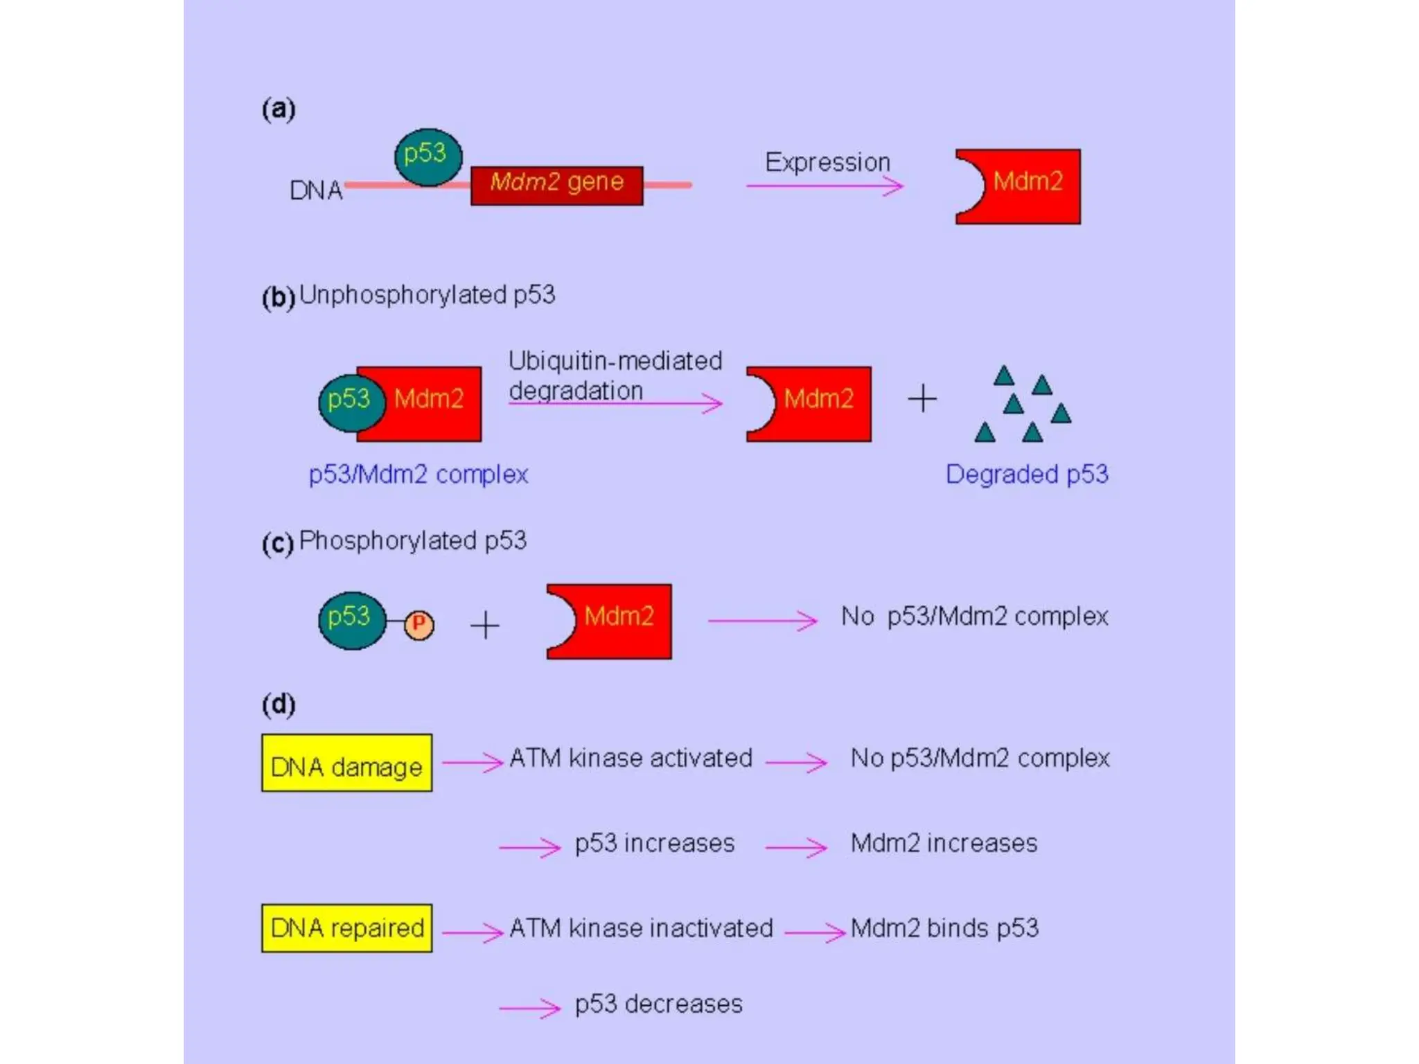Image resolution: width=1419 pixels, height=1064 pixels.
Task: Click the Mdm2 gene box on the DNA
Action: [x=556, y=185]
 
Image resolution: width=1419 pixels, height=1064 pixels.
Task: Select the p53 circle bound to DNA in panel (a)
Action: [x=428, y=157]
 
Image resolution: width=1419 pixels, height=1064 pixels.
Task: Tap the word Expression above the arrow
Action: [x=827, y=162]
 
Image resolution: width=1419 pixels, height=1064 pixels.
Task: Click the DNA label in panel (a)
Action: [x=316, y=190]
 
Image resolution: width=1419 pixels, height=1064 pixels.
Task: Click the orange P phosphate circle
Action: [x=418, y=624]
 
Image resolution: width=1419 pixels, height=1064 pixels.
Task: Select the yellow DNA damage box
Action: [x=346, y=763]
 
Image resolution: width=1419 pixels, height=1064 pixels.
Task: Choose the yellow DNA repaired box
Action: [x=346, y=928]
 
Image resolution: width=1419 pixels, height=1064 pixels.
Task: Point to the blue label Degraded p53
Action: [x=1026, y=475]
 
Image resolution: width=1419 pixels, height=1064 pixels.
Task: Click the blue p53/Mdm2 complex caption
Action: [x=418, y=475]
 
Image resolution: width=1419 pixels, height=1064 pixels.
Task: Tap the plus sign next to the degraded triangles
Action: [x=922, y=399]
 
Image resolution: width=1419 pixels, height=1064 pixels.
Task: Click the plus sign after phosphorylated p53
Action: [x=485, y=625]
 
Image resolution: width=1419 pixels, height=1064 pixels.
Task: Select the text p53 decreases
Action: [x=658, y=1004]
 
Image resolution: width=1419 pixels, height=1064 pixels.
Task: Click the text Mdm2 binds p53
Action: [x=944, y=928]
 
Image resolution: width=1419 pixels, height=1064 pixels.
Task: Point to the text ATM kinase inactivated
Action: [x=641, y=928]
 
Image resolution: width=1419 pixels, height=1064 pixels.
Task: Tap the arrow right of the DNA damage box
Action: [x=473, y=762]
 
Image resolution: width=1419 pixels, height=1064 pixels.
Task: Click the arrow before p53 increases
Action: [x=529, y=846]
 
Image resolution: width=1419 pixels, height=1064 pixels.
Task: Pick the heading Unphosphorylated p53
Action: [x=427, y=295]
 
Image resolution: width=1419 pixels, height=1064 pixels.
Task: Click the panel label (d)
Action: [x=279, y=704]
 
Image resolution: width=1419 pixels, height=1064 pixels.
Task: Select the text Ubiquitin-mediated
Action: [x=615, y=361]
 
